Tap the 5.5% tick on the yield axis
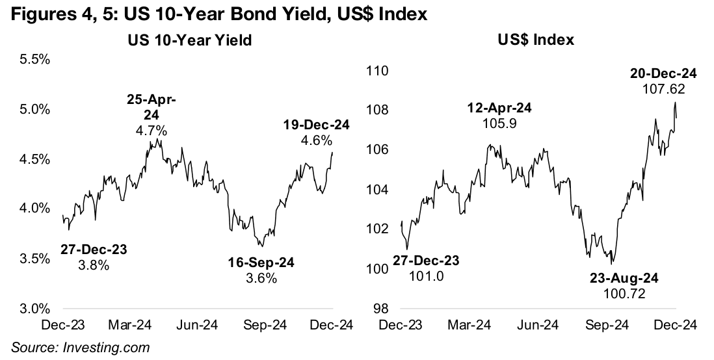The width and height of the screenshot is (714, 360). (37, 59)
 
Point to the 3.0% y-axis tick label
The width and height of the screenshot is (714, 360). (37, 308)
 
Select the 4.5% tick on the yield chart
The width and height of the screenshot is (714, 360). (37, 159)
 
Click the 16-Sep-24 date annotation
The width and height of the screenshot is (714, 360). (261, 263)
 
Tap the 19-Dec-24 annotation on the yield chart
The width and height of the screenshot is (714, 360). (316, 125)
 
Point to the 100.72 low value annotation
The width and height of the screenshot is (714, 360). (625, 294)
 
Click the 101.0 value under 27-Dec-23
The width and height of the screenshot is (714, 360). (427, 276)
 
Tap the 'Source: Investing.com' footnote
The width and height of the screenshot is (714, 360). (80, 348)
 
